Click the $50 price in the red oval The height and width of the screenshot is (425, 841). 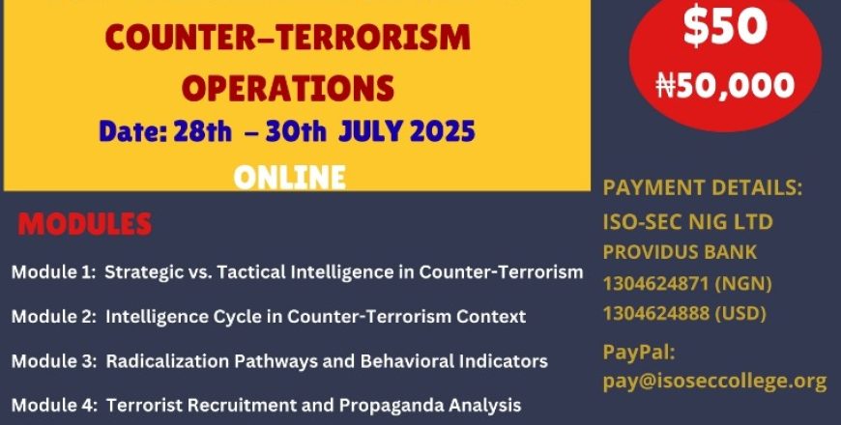725,26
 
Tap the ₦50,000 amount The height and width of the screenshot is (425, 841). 725,85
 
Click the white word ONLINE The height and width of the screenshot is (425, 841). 290,178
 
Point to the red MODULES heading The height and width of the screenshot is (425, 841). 85,224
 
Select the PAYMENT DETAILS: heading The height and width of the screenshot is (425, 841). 703,187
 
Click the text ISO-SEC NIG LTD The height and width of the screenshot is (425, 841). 687,221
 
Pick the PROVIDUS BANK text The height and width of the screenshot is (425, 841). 680,252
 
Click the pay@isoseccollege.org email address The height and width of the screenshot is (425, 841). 715,382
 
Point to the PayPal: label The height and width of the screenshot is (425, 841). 639,353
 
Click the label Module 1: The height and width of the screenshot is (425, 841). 53,272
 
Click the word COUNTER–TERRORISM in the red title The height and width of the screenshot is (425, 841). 288,37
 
